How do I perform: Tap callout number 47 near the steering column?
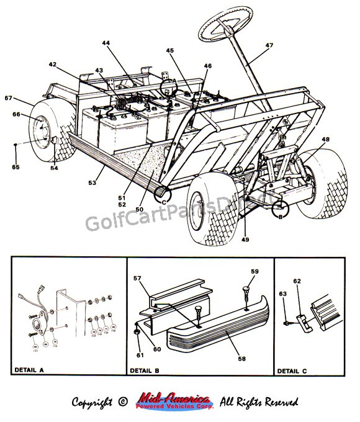coord(268,46)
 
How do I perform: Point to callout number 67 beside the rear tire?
coord(8,98)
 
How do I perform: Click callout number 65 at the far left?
coord(16,168)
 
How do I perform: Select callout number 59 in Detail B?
coord(254,271)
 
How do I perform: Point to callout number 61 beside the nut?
coord(139,354)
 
